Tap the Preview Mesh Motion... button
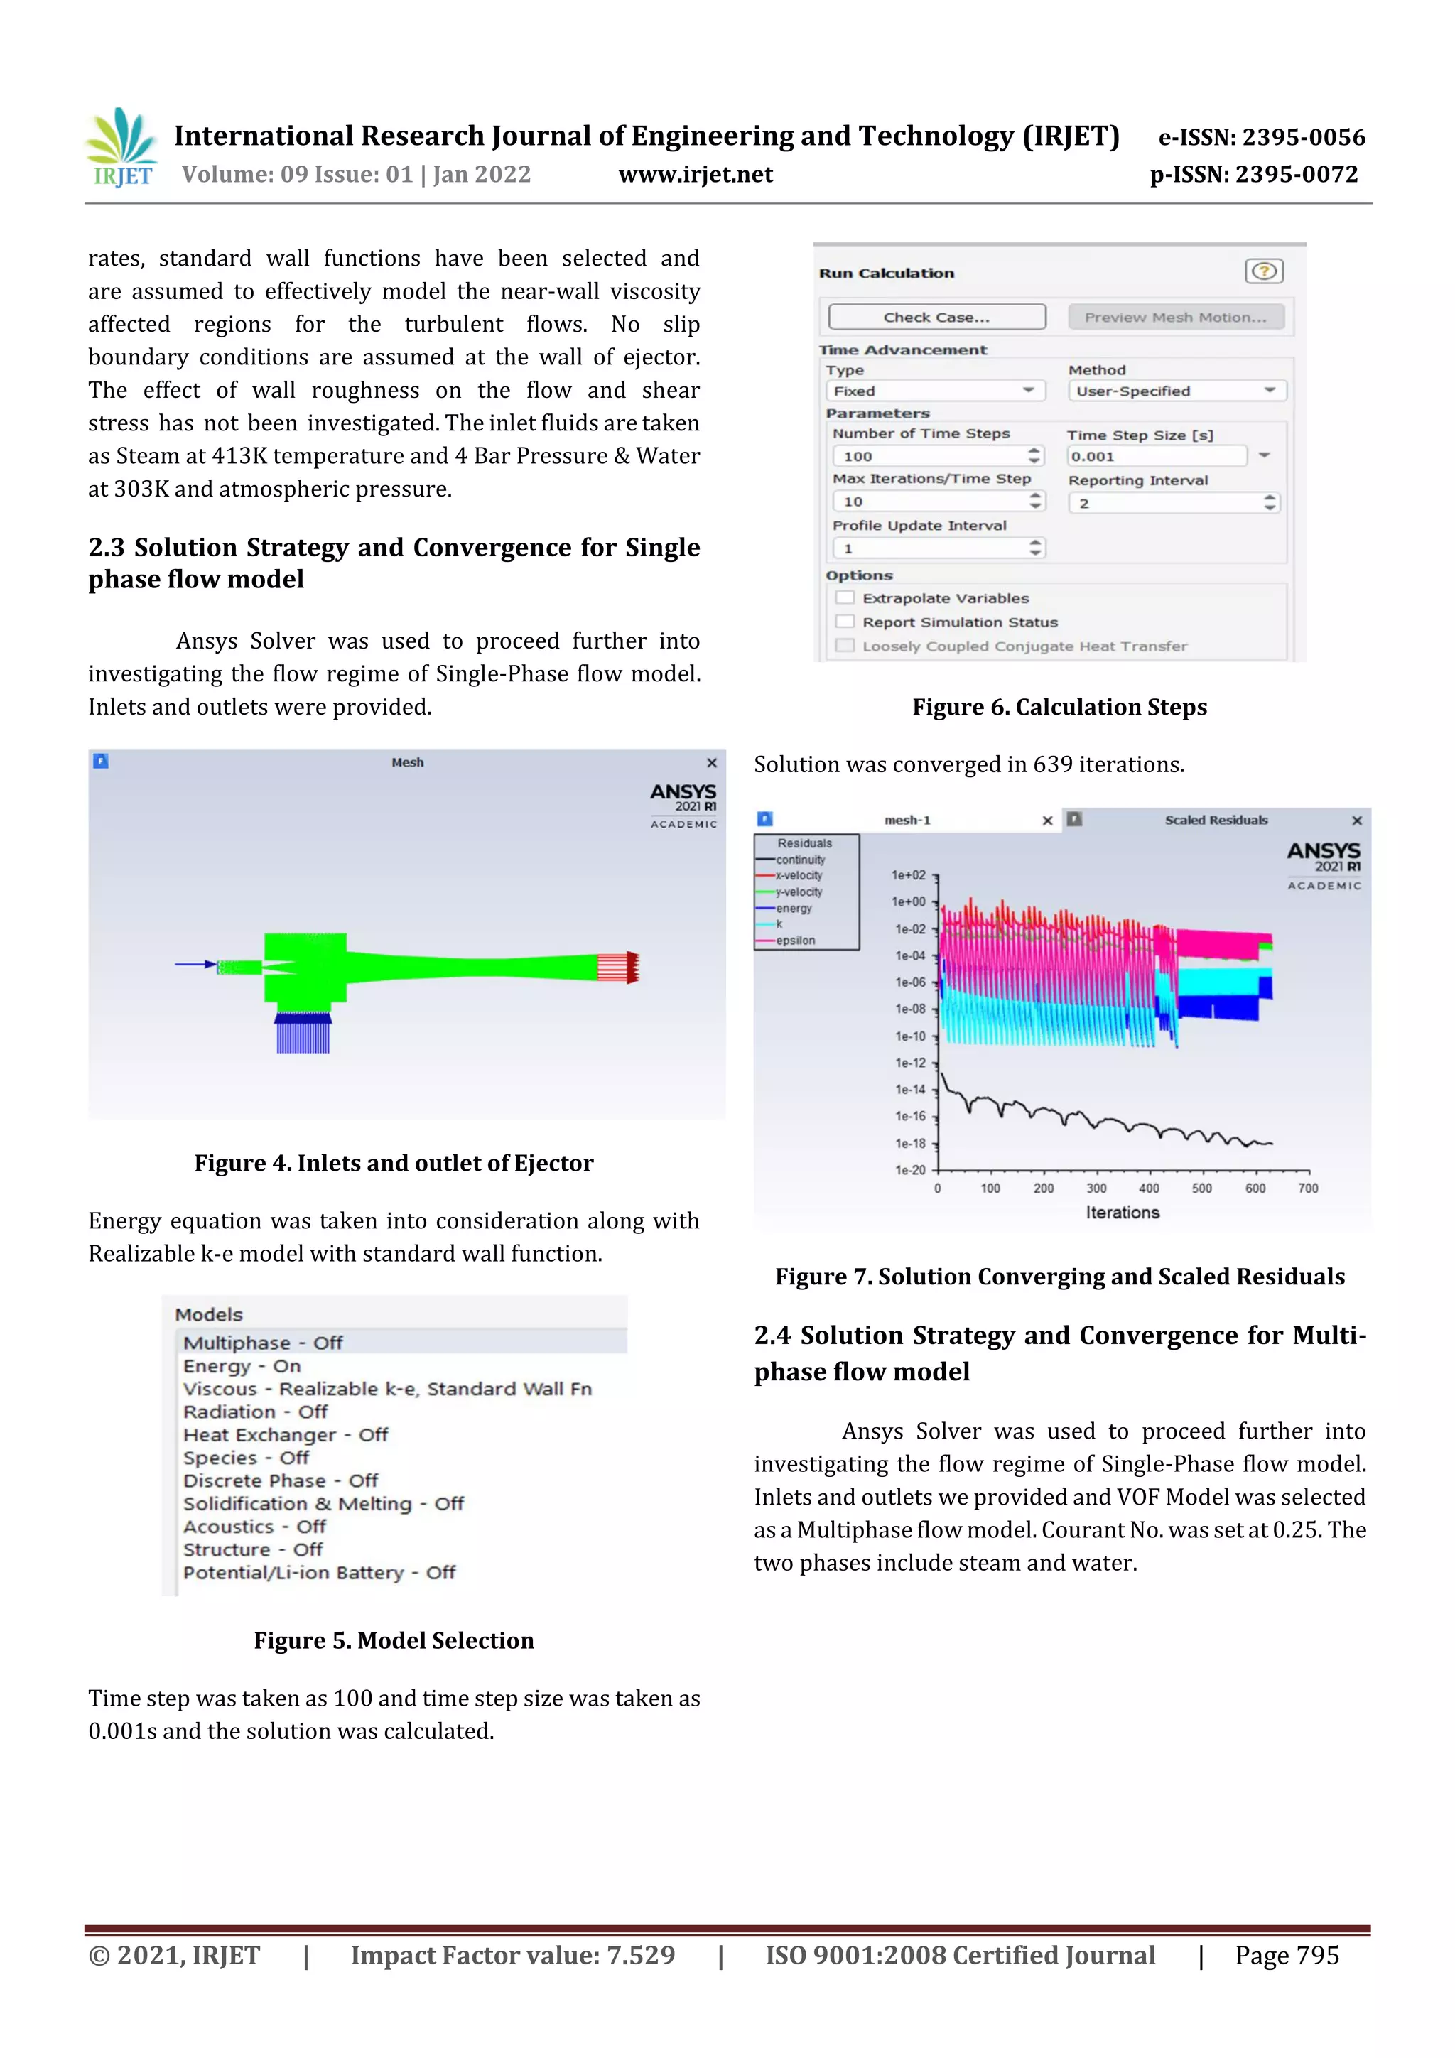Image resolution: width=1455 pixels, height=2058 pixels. point(1175,318)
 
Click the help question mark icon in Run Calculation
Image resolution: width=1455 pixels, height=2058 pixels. point(1263,271)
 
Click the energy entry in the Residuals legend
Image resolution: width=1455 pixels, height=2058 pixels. point(794,908)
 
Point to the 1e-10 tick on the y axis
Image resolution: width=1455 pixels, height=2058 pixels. point(911,1036)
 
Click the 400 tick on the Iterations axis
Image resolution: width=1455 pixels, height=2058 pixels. point(1148,1188)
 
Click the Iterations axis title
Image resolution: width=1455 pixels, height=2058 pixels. point(1123,1213)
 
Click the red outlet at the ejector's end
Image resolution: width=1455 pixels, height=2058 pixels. point(619,967)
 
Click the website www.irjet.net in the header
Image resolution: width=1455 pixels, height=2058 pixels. point(696,175)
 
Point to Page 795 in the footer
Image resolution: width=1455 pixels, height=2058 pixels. point(1287,1955)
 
